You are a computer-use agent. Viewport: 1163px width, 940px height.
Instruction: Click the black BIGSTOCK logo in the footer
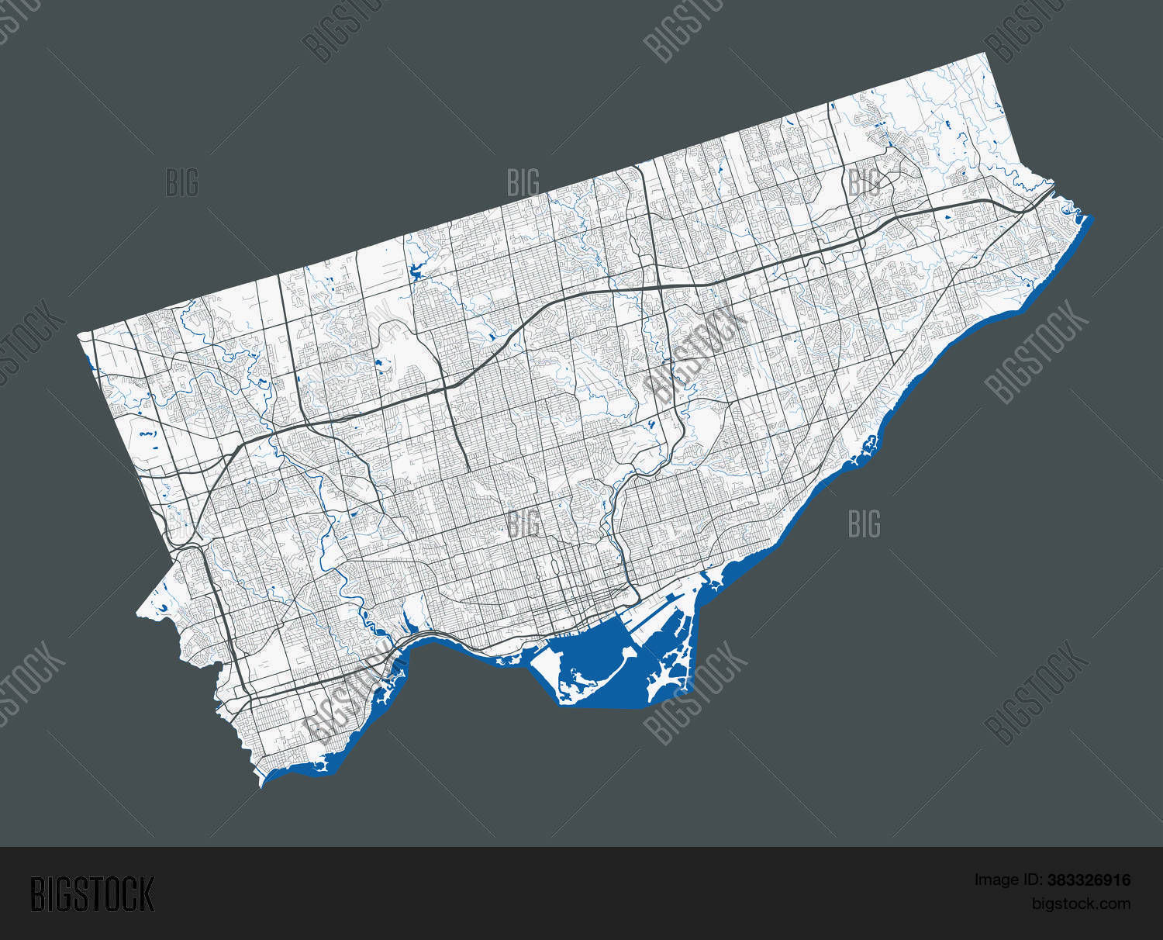coord(92,894)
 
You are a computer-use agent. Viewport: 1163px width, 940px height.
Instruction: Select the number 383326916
coord(1089,880)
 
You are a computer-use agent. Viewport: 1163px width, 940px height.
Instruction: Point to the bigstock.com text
coord(1081,904)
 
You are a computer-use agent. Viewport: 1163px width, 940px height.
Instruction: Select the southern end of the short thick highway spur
coord(468,469)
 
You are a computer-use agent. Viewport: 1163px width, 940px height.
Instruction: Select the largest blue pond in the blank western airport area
coord(143,434)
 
